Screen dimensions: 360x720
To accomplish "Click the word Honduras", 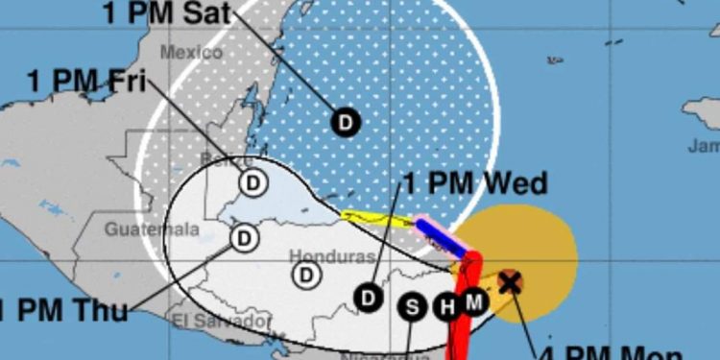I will point(318,257).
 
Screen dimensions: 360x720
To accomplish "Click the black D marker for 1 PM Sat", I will point(345,122).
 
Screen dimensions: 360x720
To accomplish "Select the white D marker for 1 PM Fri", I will point(252,182).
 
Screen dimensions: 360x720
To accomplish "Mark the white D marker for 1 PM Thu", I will point(245,236).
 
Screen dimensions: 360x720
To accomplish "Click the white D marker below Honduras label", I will point(306,276).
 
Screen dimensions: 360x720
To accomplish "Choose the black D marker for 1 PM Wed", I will point(368,298).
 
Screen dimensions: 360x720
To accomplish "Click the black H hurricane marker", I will point(445,307).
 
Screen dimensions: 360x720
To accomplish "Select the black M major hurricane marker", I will point(473,302).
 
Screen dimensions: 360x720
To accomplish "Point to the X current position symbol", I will point(510,281).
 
